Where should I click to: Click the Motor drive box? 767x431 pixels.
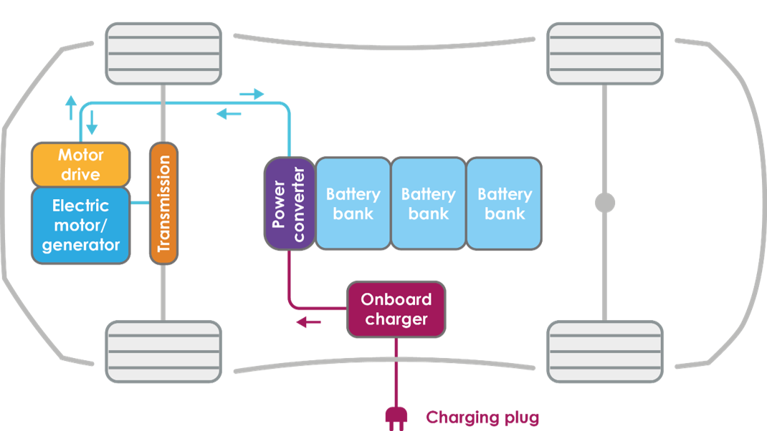coord(80,165)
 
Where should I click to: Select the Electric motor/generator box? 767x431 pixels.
coord(80,226)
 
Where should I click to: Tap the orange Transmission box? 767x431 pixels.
coord(163,203)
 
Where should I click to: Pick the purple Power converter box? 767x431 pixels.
coord(289,203)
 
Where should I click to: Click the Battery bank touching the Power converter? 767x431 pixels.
coord(353,203)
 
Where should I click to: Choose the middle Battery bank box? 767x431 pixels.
coord(428,203)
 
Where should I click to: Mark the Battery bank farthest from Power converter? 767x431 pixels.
coord(504,203)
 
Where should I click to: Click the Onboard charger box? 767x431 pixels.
coord(396,309)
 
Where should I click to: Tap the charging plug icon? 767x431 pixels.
coord(395,417)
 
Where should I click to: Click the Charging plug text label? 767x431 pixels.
coord(482,417)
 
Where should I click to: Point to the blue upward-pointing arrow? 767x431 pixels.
coord(70,108)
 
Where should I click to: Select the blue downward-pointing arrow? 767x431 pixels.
coord(92,127)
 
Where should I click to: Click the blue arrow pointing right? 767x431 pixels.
coord(252,94)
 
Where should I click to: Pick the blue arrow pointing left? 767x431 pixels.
coord(229,113)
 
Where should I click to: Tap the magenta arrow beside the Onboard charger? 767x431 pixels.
coord(308,323)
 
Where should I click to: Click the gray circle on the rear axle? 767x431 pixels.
coord(605,203)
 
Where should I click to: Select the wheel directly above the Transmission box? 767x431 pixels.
coord(163,52)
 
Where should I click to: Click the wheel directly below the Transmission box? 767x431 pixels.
coord(163,351)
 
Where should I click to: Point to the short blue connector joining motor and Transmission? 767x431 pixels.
coord(140,204)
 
